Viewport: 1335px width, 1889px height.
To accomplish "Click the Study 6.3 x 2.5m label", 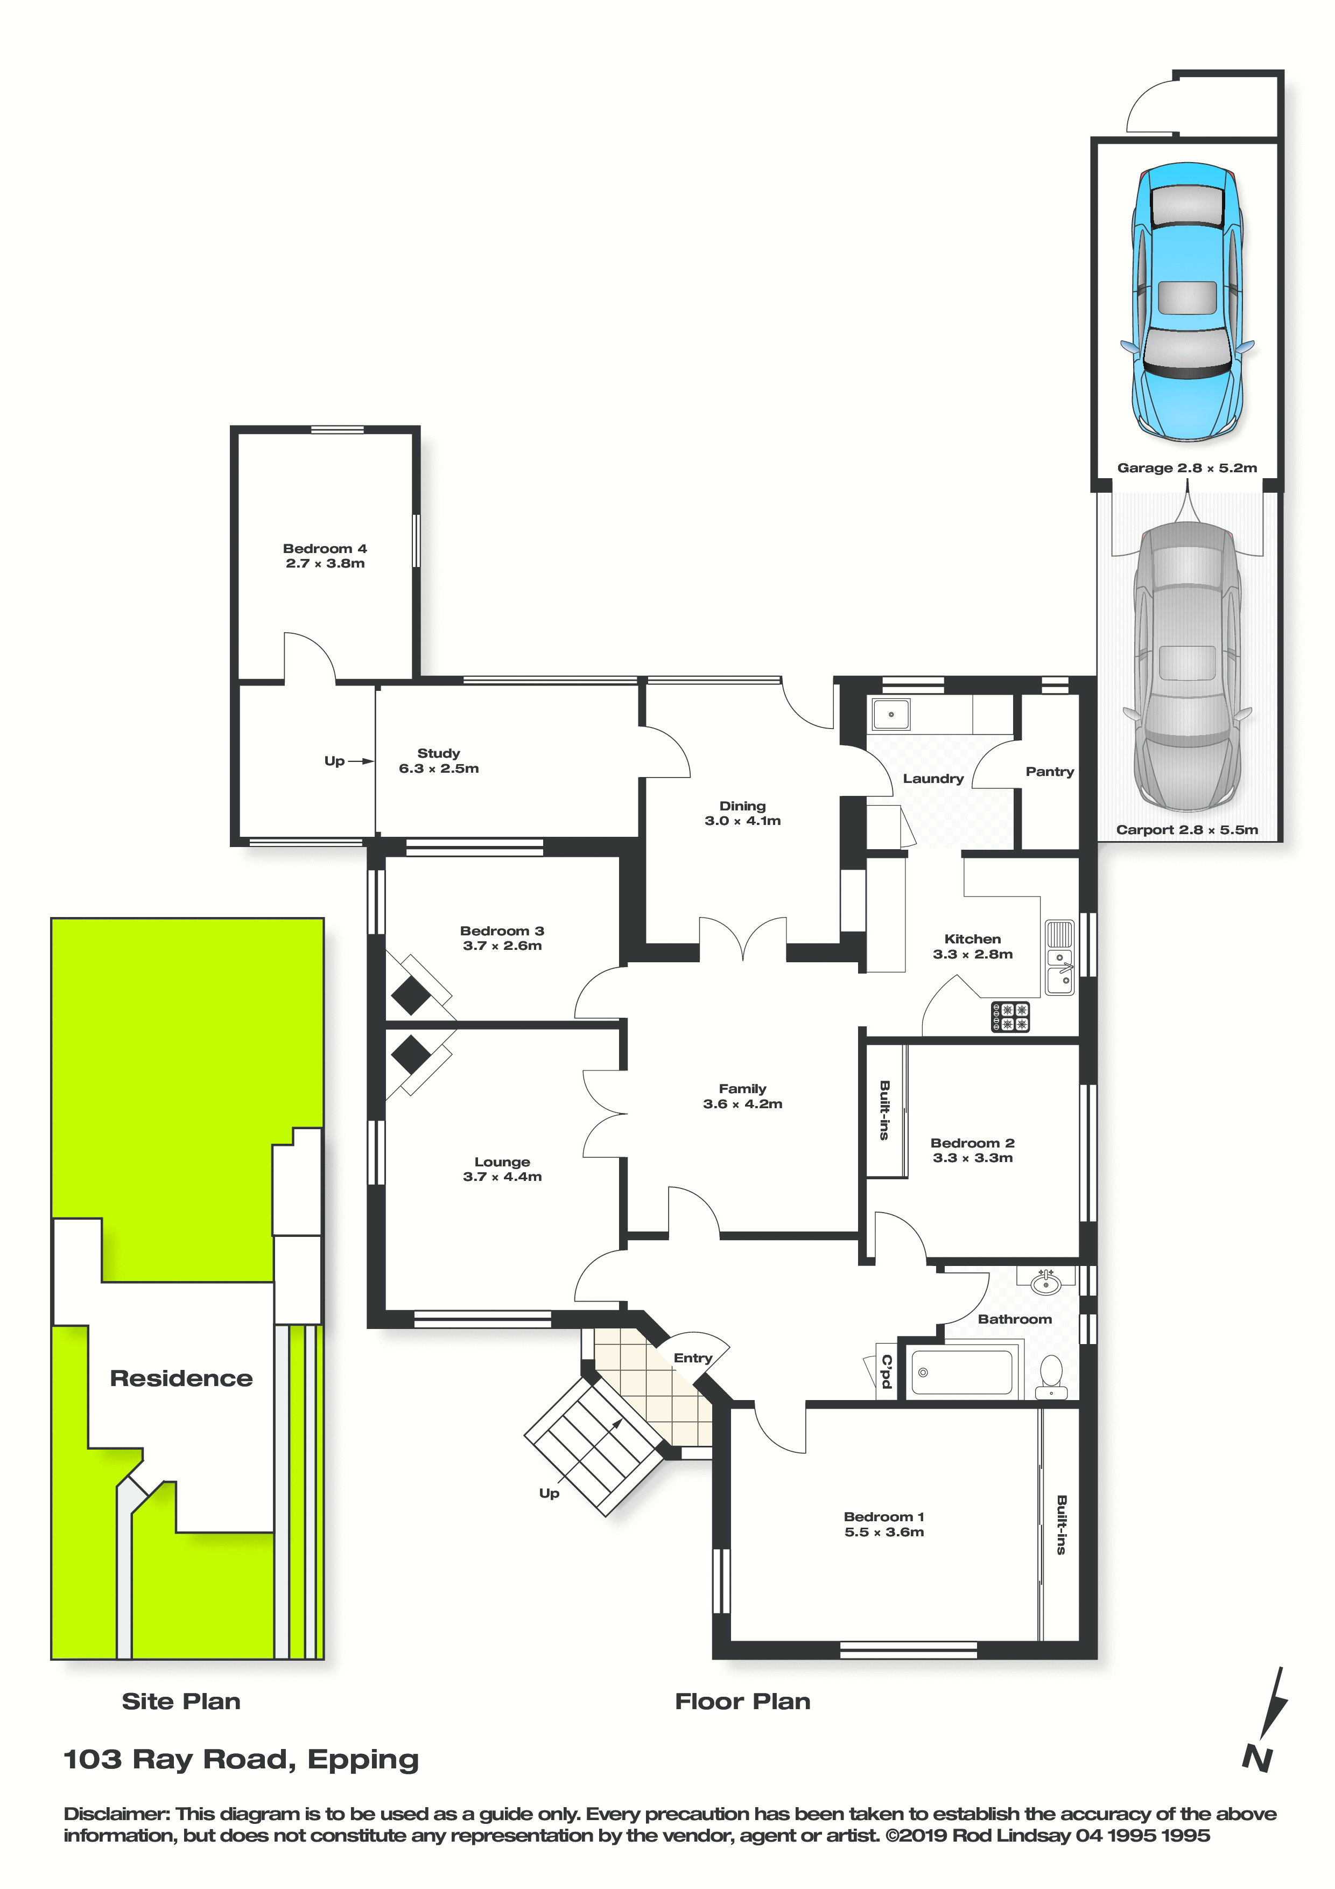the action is pyautogui.click(x=438, y=760).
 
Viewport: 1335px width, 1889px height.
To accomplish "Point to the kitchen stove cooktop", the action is pyautogui.click(x=1010, y=1016).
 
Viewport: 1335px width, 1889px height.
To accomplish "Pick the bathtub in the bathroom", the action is pyautogui.click(x=961, y=1372).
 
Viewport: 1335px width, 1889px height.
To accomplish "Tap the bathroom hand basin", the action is pyautogui.click(x=1045, y=1282).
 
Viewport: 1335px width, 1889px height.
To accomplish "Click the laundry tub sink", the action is pyautogui.click(x=891, y=714).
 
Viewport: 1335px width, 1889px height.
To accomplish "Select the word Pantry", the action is pyautogui.click(x=1050, y=771).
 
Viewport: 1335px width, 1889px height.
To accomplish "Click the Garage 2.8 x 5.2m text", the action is pyautogui.click(x=1187, y=467).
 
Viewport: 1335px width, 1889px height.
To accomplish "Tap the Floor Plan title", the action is pyautogui.click(x=743, y=1702).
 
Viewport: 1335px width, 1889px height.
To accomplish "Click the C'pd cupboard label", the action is pyautogui.click(x=886, y=1370).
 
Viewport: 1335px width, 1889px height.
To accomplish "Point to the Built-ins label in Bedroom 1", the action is pyautogui.click(x=1061, y=1524).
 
